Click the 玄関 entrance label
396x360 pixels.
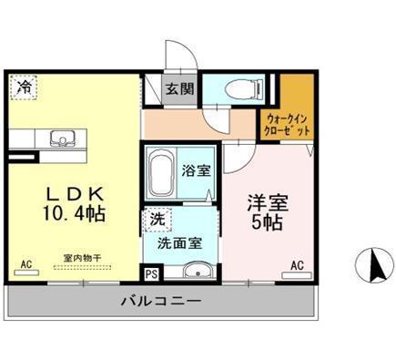[x=178, y=90]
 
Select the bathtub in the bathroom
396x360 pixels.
[x=162, y=173]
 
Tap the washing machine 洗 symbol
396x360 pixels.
[x=158, y=219]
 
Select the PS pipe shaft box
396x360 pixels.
[x=151, y=272]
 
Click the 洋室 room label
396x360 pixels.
[x=264, y=201]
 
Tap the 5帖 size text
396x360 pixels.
[x=264, y=224]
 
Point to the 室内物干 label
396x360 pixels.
[x=82, y=258]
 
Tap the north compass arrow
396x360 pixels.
[x=373, y=266]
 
